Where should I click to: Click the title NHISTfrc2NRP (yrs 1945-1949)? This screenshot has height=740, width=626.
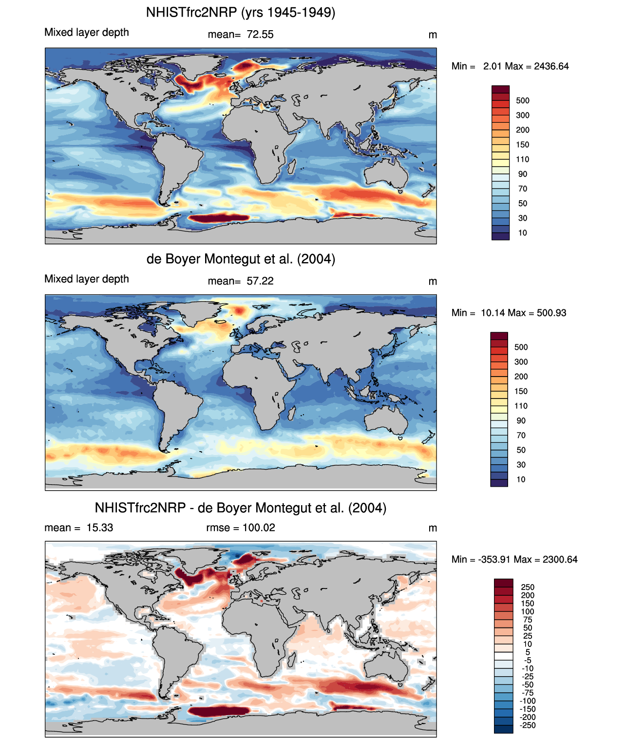[x=241, y=12]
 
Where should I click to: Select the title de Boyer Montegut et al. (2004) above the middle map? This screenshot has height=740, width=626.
[x=241, y=259]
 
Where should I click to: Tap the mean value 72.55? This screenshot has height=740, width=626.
[x=260, y=35]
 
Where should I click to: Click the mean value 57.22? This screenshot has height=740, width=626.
[x=260, y=281]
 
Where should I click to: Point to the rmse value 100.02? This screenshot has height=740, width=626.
[x=259, y=528]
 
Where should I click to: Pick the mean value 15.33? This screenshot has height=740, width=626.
[x=100, y=528]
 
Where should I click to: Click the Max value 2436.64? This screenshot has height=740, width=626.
[x=551, y=66]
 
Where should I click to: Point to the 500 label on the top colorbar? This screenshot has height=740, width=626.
[x=523, y=101]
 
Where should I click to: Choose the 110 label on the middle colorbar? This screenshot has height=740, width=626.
[x=521, y=406]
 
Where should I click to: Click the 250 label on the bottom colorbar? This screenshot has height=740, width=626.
[x=528, y=587]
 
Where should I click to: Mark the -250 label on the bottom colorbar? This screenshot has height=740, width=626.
[x=528, y=725]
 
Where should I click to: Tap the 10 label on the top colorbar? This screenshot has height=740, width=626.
[x=523, y=233]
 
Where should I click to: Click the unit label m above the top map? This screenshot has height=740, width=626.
[x=433, y=35]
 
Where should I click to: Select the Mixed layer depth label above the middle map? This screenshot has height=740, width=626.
[x=87, y=279]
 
